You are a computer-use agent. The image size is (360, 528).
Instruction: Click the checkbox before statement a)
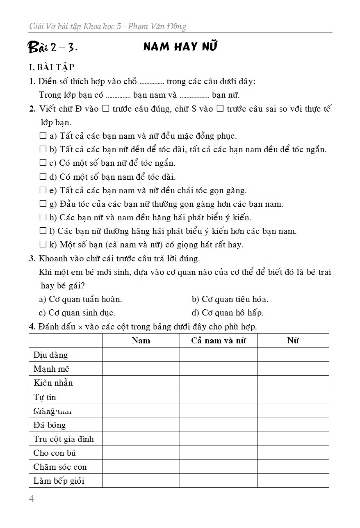(43, 136)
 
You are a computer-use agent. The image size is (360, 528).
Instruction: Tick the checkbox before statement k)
(43, 245)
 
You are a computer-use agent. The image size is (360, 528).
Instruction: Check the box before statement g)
(43, 204)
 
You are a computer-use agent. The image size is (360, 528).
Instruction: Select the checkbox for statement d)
(43, 177)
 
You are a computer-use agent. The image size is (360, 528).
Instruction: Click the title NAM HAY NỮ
(180, 47)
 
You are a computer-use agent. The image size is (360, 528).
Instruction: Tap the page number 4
(32, 499)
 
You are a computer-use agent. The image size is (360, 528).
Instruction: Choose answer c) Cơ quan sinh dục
(77, 313)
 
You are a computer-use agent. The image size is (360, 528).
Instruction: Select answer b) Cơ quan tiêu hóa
(230, 299)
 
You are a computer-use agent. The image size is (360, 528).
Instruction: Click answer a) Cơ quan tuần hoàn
(80, 299)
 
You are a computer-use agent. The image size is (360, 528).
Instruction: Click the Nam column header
(141, 341)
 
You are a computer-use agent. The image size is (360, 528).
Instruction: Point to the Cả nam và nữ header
(219, 341)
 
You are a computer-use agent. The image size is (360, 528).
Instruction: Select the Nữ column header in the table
(293, 341)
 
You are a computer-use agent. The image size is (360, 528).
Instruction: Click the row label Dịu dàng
(51, 355)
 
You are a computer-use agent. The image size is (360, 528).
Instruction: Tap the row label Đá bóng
(50, 425)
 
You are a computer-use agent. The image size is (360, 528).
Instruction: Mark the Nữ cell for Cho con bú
(293, 453)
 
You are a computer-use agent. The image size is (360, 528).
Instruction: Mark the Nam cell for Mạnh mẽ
(141, 369)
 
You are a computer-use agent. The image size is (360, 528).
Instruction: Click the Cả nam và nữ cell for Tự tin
(219, 397)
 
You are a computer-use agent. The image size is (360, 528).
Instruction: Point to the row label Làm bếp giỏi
(59, 481)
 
